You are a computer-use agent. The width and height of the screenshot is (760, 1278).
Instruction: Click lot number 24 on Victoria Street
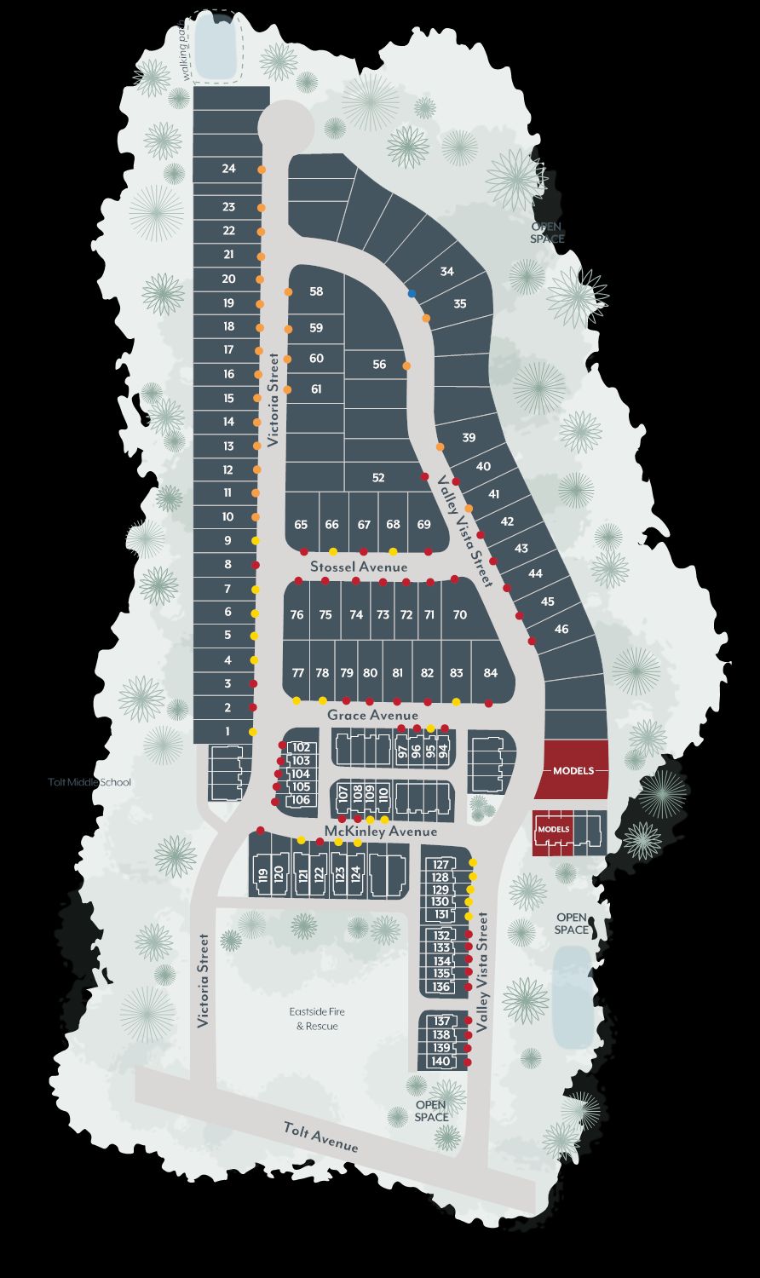[x=228, y=169]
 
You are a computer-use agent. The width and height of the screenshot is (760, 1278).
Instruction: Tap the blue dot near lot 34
[x=412, y=293]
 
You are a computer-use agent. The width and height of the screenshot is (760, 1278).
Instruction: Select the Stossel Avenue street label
[x=359, y=567]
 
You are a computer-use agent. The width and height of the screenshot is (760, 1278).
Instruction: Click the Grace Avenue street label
[x=372, y=716]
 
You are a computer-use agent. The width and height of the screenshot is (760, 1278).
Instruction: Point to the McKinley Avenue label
[x=381, y=831]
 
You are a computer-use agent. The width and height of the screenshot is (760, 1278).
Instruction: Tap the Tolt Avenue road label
[x=321, y=1137]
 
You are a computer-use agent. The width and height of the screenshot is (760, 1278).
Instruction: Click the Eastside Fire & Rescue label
[x=317, y=1019]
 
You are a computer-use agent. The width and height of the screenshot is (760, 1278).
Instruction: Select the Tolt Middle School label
[x=90, y=782]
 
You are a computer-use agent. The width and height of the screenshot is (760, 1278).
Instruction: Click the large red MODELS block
[x=573, y=770]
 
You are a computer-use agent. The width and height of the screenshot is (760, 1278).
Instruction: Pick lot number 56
[x=379, y=365]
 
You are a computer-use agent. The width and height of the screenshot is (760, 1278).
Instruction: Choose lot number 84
[x=490, y=673]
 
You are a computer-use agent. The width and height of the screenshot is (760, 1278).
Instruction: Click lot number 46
[x=561, y=629]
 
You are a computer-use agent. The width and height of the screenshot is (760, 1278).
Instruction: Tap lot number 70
[x=459, y=615]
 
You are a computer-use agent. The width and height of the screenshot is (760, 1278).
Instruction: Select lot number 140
[x=440, y=1062]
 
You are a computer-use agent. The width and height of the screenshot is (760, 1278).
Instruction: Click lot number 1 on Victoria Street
[x=227, y=731]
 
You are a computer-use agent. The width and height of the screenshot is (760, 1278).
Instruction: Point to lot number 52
[x=379, y=478]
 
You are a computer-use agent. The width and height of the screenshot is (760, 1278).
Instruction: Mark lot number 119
[x=263, y=874]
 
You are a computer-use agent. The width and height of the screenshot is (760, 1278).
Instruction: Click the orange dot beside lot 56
[x=407, y=366]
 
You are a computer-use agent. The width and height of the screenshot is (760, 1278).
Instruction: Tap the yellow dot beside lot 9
[x=255, y=541]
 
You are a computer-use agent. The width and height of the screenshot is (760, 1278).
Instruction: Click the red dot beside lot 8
[x=255, y=565]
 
